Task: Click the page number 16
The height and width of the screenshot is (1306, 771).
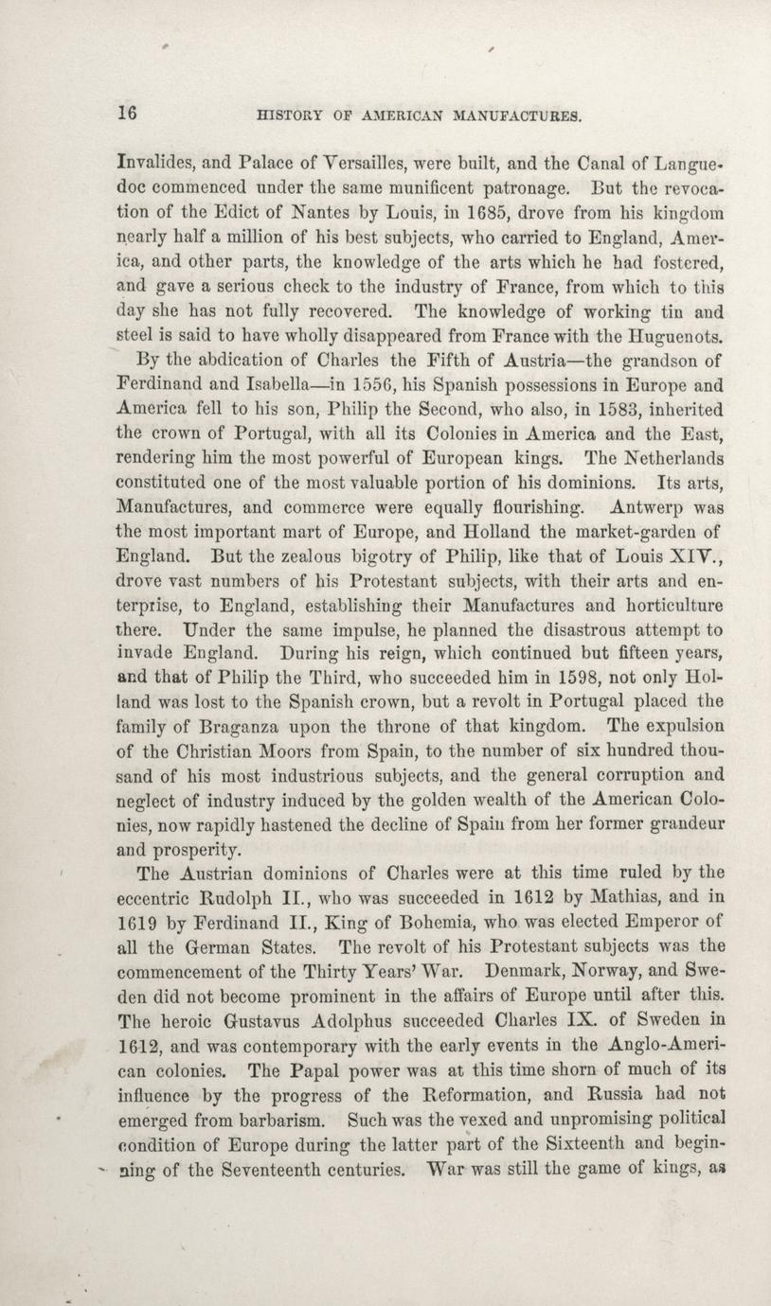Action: pos(128,112)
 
